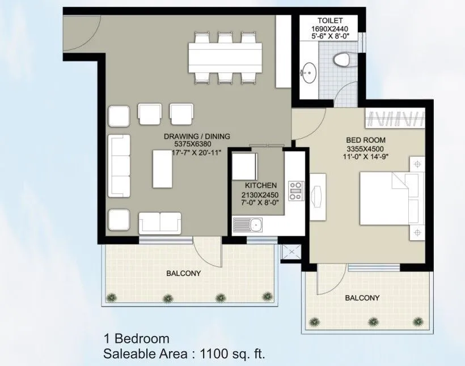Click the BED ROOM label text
click(366, 140)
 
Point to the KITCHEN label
click(260, 185)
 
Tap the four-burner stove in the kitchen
click(295, 191)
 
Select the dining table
click(226, 57)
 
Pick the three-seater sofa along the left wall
click(119, 165)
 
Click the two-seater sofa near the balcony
click(160, 223)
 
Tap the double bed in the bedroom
click(391, 202)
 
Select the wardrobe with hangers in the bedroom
click(396, 118)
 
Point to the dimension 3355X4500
click(366, 149)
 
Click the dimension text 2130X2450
click(260, 194)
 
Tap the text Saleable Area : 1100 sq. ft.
click(184, 355)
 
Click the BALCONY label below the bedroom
click(362, 298)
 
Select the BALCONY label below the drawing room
click(183, 273)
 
